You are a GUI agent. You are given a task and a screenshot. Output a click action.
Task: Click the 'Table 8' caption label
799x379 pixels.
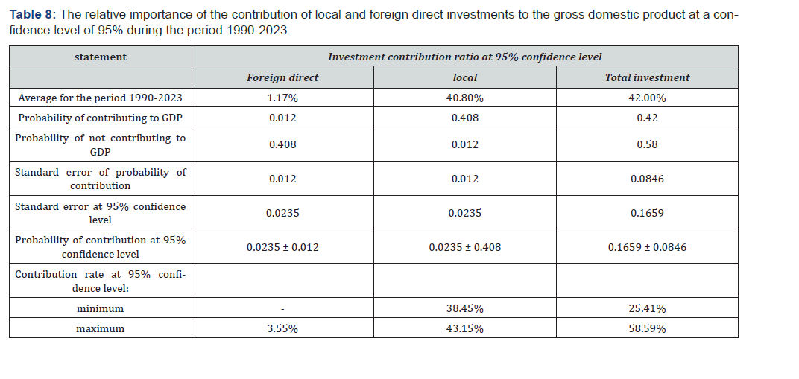point(31,14)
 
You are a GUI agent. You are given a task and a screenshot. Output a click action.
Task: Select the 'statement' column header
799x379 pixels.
point(101,57)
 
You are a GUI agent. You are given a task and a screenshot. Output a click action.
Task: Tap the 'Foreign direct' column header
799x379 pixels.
point(282,78)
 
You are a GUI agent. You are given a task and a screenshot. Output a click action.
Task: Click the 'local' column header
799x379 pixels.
point(465,78)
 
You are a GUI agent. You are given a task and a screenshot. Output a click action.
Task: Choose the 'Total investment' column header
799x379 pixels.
point(647,78)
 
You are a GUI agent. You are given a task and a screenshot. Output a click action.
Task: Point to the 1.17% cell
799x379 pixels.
point(282,98)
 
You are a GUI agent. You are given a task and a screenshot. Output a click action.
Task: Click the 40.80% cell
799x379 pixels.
point(465,98)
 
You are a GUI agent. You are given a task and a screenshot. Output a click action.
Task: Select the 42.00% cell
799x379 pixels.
point(647,98)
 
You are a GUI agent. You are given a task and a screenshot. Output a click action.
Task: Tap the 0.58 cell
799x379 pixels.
point(647,144)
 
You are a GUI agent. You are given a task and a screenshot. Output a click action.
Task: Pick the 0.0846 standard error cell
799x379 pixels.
point(647,179)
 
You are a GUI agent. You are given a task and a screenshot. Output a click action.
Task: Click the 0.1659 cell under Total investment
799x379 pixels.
point(647,213)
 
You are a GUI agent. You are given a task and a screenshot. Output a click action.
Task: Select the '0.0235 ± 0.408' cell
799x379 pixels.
point(465,247)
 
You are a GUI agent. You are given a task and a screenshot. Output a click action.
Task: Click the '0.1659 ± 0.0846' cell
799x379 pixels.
point(647,247)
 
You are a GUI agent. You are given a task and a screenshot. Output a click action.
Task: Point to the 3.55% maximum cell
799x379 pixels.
point(282,328)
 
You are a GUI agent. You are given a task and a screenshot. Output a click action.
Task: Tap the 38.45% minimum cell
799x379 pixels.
point(465,308)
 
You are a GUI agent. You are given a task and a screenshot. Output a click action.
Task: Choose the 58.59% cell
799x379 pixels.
point(647,328)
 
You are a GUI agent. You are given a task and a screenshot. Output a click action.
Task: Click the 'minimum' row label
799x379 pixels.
point(101,308)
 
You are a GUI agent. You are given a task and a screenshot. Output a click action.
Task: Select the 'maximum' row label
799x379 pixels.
point(101,328)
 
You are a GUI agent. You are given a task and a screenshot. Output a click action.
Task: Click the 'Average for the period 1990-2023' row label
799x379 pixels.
point(101,98)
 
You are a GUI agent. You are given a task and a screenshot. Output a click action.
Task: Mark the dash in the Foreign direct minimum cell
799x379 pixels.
point(282,309)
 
